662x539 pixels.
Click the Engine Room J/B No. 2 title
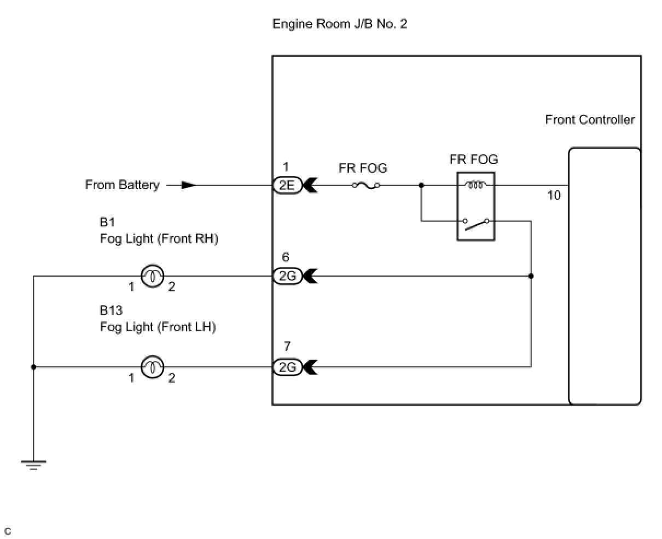[x=340, y=24]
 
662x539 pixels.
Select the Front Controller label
[x=590, y=120]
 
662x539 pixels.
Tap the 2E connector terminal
[x=287, y=185]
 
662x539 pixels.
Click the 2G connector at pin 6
[x=287, y=277]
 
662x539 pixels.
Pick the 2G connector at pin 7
[x=287, y=367]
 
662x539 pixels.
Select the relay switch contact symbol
[x=475, y=223]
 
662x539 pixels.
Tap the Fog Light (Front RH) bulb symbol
[x=153, y=277]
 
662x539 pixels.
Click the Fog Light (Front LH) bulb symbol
[x=153, y=367]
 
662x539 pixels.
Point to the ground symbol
[x=33, y=465]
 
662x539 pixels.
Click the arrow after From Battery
[x=188, y=185]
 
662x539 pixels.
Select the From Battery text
[x=122, y=185]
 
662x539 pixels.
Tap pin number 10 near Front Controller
[x=554, y=196]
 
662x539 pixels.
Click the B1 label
[x=107, y=222]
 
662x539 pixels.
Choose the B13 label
[x=111, y=310]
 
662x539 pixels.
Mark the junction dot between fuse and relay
[x=421, y=185]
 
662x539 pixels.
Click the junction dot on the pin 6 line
[x=531, y=276]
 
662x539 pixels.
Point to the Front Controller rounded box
[x=605, y=276]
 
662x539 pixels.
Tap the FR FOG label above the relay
[x=474, y=160]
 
